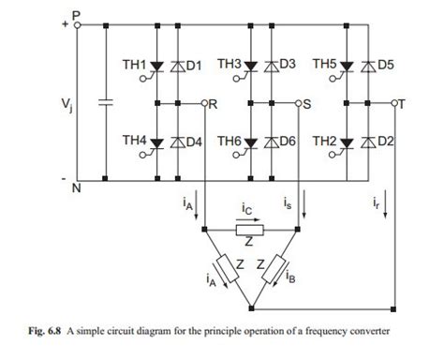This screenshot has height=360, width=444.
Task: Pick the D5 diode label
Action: click(384, 66)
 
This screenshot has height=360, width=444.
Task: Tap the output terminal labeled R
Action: click(212, 102)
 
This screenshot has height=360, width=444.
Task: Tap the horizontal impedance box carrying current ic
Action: click(249, 230)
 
